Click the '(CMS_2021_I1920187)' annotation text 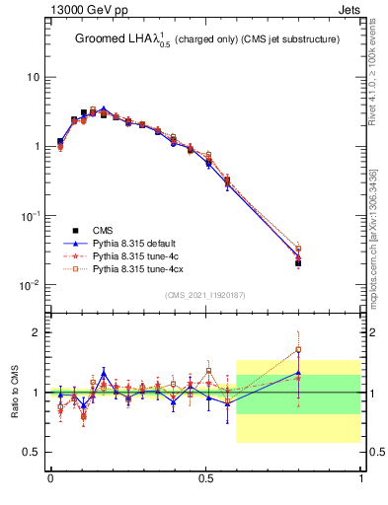[x=205, y=295]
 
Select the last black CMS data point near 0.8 [x=299, y=263]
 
